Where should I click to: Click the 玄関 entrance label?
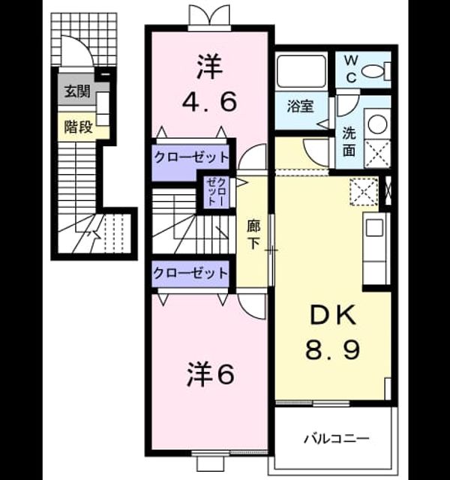77,91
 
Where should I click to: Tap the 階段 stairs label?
78,127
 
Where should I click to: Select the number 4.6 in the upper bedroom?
210,102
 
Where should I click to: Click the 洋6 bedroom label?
211,373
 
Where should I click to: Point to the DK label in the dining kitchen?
333,315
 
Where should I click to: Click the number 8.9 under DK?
332,350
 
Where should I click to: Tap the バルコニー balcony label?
337,439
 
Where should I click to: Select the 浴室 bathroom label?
300,106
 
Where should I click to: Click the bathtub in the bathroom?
301,70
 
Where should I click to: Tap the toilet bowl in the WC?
373,71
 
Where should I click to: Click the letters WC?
351,69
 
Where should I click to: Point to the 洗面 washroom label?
349,142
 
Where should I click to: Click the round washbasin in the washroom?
377,124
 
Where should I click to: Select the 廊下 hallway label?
253,235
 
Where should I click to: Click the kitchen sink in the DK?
375,227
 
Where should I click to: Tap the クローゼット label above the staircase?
191,157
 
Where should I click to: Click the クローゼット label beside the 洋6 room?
190,273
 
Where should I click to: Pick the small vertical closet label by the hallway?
217,192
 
